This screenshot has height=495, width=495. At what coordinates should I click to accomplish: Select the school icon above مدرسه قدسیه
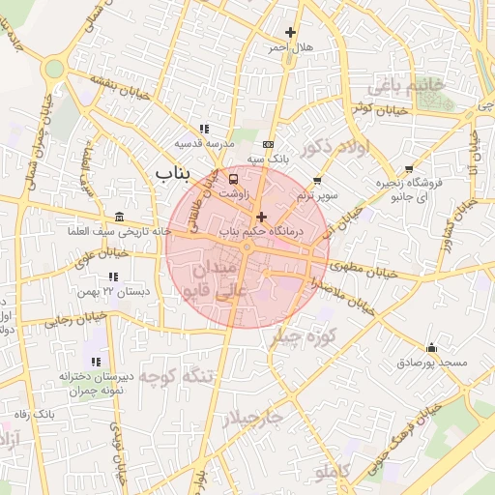(x=203, y=128)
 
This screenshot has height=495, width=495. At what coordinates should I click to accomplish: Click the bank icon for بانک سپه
(x=268, y=143)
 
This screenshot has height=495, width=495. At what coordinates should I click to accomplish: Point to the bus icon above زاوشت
(x=233, y=179)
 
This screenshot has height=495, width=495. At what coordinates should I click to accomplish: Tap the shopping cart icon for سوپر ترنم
(x=317, y=181)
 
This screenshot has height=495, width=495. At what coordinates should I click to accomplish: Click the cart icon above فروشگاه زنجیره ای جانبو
(x=409, y=168)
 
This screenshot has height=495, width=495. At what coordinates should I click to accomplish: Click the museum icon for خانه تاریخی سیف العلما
(x=119, y=217)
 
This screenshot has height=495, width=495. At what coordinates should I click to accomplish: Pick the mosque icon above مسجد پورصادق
(x=431, y=348)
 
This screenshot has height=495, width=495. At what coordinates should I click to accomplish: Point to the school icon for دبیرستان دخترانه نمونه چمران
(x=95, y=361)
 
